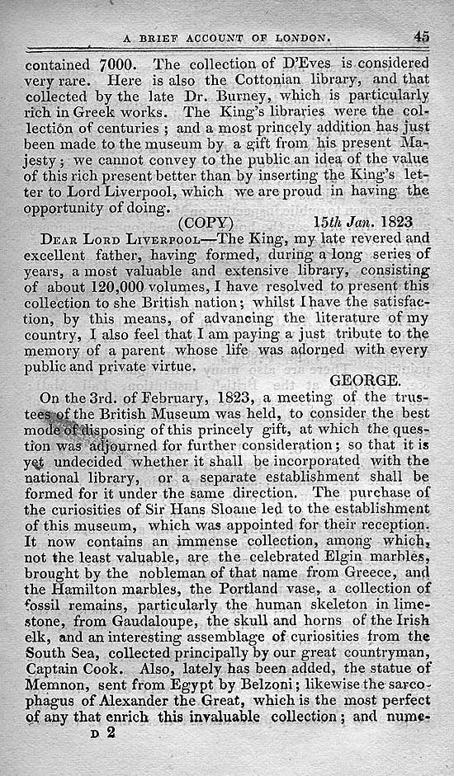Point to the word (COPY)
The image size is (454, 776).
tap(206, 223)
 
